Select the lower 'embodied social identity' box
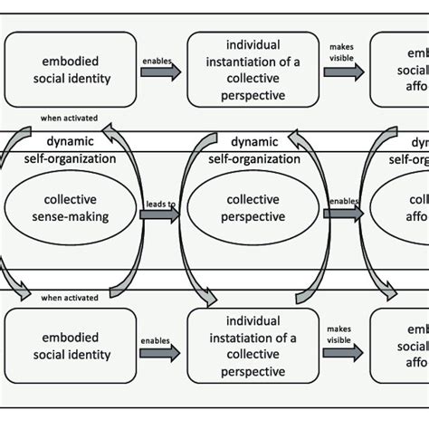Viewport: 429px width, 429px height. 71,345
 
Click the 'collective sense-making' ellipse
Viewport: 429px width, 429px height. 71,208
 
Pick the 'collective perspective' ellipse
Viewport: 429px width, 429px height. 254,208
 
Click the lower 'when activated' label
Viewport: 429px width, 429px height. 69,297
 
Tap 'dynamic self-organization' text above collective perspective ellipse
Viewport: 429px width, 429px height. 253,149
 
